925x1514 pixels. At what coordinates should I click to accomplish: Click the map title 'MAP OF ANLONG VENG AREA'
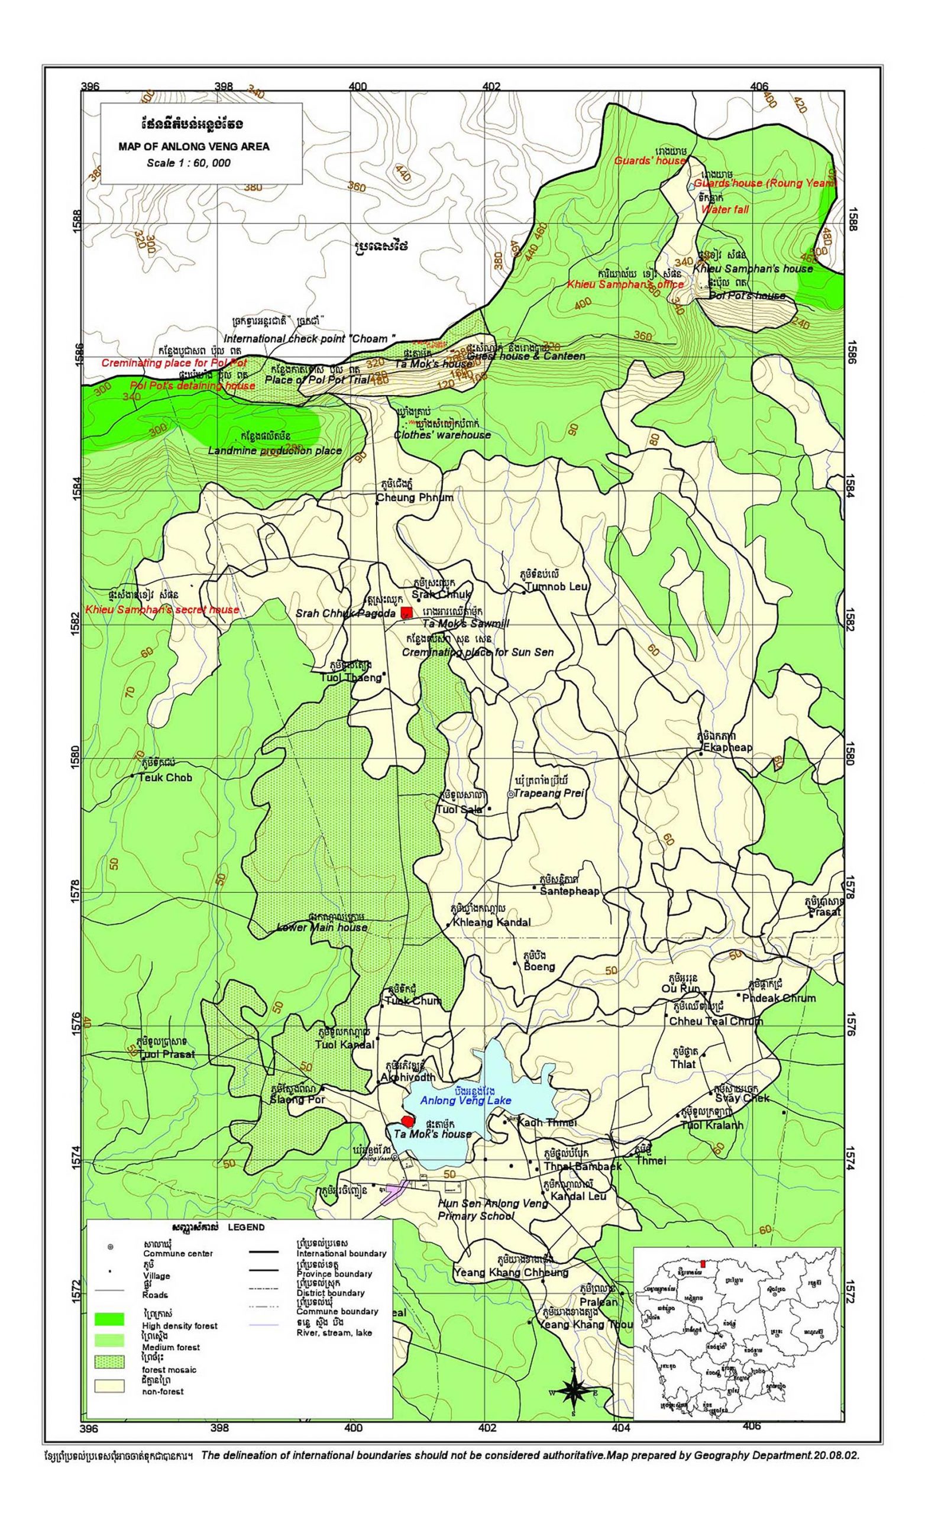tap(193, 147)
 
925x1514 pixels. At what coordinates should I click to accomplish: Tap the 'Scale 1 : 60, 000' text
tap(189, 163)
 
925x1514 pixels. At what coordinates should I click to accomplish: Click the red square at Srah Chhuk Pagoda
tap(406, 612)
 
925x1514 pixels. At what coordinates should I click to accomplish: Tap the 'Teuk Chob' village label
tap(166, 777)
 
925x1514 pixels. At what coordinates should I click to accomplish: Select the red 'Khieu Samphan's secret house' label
tap(161, 610)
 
